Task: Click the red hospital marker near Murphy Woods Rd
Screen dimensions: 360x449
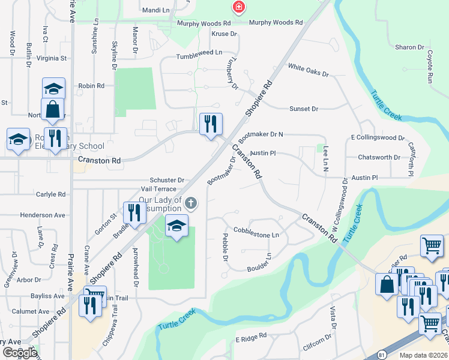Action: click(x=239, y=7)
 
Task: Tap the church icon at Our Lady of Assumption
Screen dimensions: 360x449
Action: click(x=191, y=203)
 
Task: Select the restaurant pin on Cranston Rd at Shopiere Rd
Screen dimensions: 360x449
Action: click(x=211, y=125)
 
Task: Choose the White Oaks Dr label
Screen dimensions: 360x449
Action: click(x=309, y=70)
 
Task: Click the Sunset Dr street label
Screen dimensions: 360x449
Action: click(x=303, y=109)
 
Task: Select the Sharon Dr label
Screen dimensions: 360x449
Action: click(x=409, y=47)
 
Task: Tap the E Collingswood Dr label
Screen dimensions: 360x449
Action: click(x=378, y=137)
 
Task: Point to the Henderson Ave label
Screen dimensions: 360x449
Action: click(x=43, y=215)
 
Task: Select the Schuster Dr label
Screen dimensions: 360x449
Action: click(x=167, y=180)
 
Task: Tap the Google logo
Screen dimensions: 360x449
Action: click(x=20, y=352)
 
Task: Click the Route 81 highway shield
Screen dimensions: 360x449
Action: click(x=382, y=355)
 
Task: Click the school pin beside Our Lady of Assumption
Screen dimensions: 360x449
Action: click(x=176, y=226)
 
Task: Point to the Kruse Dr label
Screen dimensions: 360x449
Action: click(x=224, y=34)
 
